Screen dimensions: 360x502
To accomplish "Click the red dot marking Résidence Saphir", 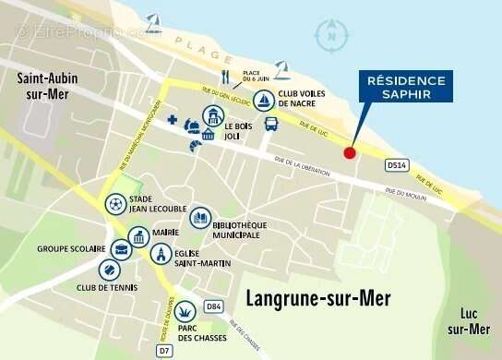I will click(349, 152).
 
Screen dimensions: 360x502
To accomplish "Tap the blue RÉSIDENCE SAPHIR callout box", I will click(406, 87).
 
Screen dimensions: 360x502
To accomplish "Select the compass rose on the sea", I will click(329, 36).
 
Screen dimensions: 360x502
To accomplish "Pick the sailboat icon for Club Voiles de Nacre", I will click(263, 99).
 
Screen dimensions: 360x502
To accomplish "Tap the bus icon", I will click(271, 124).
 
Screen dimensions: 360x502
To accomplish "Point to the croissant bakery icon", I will click(195, 144).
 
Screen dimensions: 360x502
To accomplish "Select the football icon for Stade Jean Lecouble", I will click(115, 204).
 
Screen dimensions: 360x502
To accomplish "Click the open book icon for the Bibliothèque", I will click(200, 219).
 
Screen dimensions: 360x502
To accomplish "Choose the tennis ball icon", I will click(109, 270).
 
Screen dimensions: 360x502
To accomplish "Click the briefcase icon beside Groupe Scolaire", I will click(121, 248).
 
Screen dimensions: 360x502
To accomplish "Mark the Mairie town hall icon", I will click(139, 236).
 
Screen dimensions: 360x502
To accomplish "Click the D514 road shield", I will click(396, 165).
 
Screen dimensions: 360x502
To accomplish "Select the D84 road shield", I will click(214, 306).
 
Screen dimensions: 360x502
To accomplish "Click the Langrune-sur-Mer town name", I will click(318, 298).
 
